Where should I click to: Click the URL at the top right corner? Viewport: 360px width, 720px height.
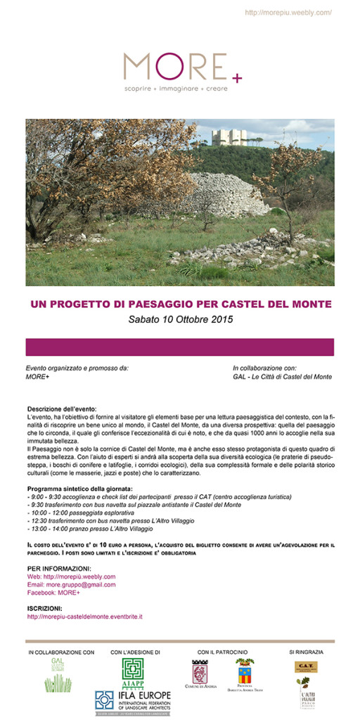coord(288,13)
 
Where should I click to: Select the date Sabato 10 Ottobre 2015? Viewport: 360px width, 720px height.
coord(180,319)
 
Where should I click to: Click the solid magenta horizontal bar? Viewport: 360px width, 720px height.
coord(180,347)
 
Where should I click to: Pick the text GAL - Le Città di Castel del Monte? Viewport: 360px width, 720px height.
coord(282,378)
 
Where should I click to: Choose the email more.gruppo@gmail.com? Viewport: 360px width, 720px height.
coord(71,585)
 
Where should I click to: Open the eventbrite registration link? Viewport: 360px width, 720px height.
coord(84,617)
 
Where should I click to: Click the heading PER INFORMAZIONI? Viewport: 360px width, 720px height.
coord(58,567)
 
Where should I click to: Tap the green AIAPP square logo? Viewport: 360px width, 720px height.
coord(133,671)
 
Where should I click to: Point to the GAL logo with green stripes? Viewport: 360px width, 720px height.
coord(58,676)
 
